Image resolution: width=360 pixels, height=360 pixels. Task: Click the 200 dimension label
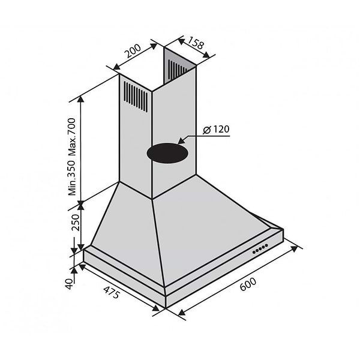pos(133,56)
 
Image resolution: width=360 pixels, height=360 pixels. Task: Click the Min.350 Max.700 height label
pos(72,156)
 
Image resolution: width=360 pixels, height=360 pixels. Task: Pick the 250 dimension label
pos(75,224)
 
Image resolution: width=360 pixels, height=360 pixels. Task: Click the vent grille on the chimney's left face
pos(135,97)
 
